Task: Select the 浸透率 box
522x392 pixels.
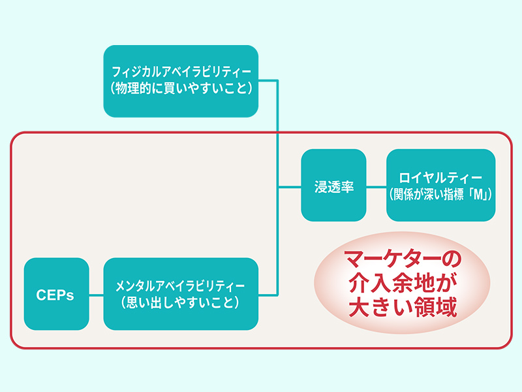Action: pyautogui.click(x=333, y=186)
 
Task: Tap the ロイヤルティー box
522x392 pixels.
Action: pyautogui.click(x=440, y=186)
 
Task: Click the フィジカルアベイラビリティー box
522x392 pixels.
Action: pyautogui.click(x=181, y=80)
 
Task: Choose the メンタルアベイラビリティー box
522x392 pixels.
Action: pyautogui.click(x=181, y=294)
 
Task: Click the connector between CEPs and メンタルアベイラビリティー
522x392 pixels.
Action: pyautogui.click(x=96, y=295)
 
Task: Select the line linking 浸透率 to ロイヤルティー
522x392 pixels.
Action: pyautogui.click(x=376, y=186)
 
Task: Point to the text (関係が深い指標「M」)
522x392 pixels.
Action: pyautogui.click(x=440, y=194)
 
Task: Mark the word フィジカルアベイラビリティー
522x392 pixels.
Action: pyautogui.click(x=181, y=71)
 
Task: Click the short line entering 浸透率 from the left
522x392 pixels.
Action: pyautogui.click(x=290, y=186)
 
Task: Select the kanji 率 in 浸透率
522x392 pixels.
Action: pyautogui.click(x=347, y=186)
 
